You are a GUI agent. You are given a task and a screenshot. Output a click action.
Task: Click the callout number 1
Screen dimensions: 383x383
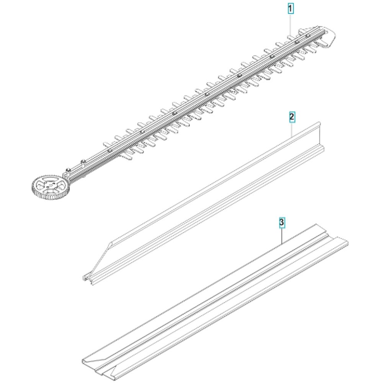coord(290,9)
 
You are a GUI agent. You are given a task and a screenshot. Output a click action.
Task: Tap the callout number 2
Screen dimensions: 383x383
coord(292,117)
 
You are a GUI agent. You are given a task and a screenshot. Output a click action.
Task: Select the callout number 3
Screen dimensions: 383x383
coord(282,223)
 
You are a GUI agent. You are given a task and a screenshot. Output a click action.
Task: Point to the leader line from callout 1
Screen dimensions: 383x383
coord(290,25)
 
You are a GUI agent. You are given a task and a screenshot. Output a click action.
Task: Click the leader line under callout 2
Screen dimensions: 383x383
coord(292,129)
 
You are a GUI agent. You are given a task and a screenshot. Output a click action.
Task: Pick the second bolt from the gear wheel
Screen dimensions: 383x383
coord(83,161)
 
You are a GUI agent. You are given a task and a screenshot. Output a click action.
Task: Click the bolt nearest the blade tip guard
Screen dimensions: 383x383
coord(308,36)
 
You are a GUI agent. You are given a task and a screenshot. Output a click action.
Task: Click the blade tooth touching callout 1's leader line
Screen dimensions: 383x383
coord(291,38)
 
